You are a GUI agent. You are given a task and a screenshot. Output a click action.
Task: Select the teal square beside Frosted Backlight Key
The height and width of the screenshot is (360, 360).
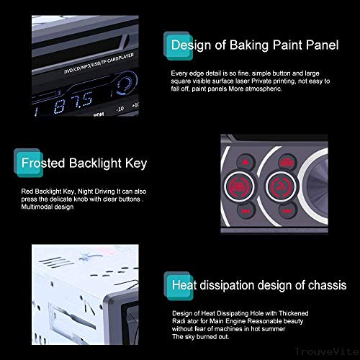[16, 163]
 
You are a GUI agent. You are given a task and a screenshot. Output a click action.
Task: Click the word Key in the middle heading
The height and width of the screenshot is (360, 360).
[136, 163]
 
